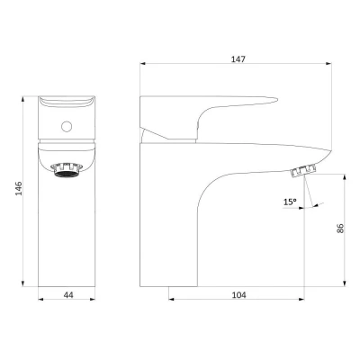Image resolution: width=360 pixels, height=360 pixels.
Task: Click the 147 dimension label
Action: tap(238, 59)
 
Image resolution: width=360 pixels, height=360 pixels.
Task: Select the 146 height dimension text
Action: tap(19, 188)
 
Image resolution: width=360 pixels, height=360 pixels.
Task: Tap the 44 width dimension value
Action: tap(68, 295)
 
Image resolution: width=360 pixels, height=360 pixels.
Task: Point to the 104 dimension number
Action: tap(239, 295)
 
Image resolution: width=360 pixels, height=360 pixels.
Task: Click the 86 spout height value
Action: tap(340, 229)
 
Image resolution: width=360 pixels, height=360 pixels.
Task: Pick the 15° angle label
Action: tap(290, 202)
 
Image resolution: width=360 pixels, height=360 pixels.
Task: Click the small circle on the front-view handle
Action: tap(67, 126)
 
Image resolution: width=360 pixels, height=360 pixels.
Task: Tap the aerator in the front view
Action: tap(67, 169)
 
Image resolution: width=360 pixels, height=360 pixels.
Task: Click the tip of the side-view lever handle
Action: tap(277, 99)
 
